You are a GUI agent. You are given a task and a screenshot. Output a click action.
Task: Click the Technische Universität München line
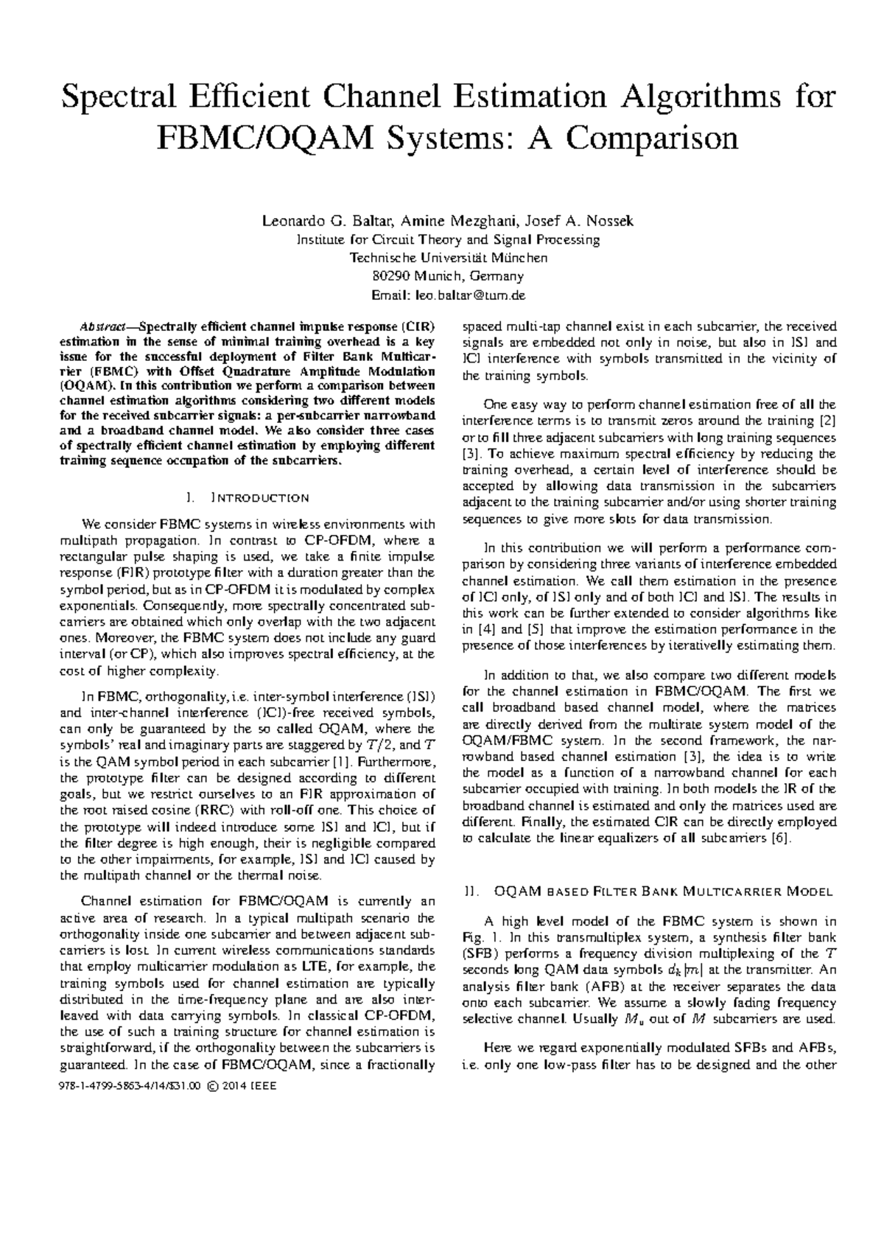pos(449,258)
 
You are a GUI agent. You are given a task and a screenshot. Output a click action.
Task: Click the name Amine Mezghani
pos(461,221)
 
